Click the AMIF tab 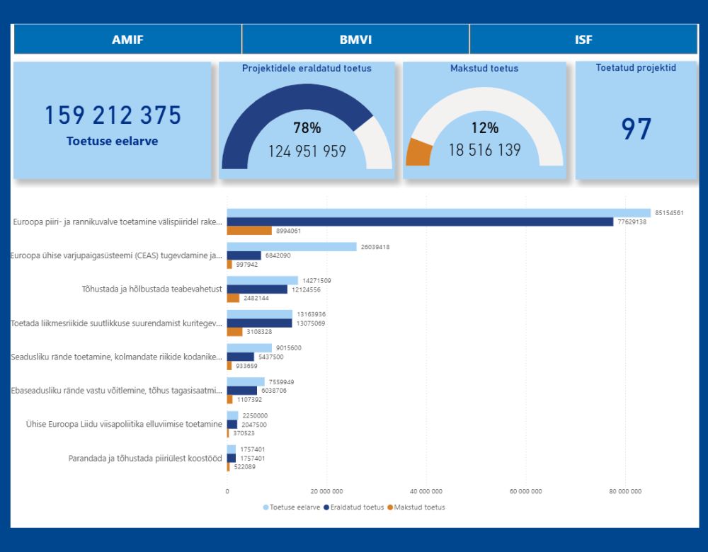[x=127, y=39]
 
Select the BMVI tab [x=356, y=39]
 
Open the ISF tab [x=583, y=39]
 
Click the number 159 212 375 [x=113, y=115]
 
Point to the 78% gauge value [x=307, y=127]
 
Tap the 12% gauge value [x=484, y=127]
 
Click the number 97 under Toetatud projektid [x=636, y=129]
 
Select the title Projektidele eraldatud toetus [x=307, y=68]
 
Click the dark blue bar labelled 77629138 [x=420, y=222]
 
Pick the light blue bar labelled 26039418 [x=292, y=247]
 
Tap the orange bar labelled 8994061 [x=249, y=231]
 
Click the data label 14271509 [x=316, y=280]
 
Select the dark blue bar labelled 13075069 [x=260, y=323]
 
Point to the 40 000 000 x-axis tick [x=426, y=491]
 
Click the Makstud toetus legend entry [x=416, y=507]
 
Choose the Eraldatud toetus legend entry [x=354, y=507]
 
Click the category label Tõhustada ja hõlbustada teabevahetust [x=152, y=289]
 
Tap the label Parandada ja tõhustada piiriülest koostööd [x=145, y=458]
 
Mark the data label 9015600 [x=289, y=348]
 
